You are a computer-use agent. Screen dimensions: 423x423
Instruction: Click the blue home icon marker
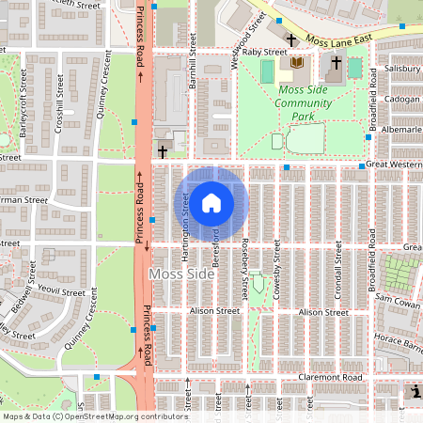point(211,202)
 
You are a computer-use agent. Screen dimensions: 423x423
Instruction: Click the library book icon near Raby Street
point(298,62)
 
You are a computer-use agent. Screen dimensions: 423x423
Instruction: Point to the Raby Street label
point(263,53)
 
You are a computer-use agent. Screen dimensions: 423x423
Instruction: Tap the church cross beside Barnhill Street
point(163,150)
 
